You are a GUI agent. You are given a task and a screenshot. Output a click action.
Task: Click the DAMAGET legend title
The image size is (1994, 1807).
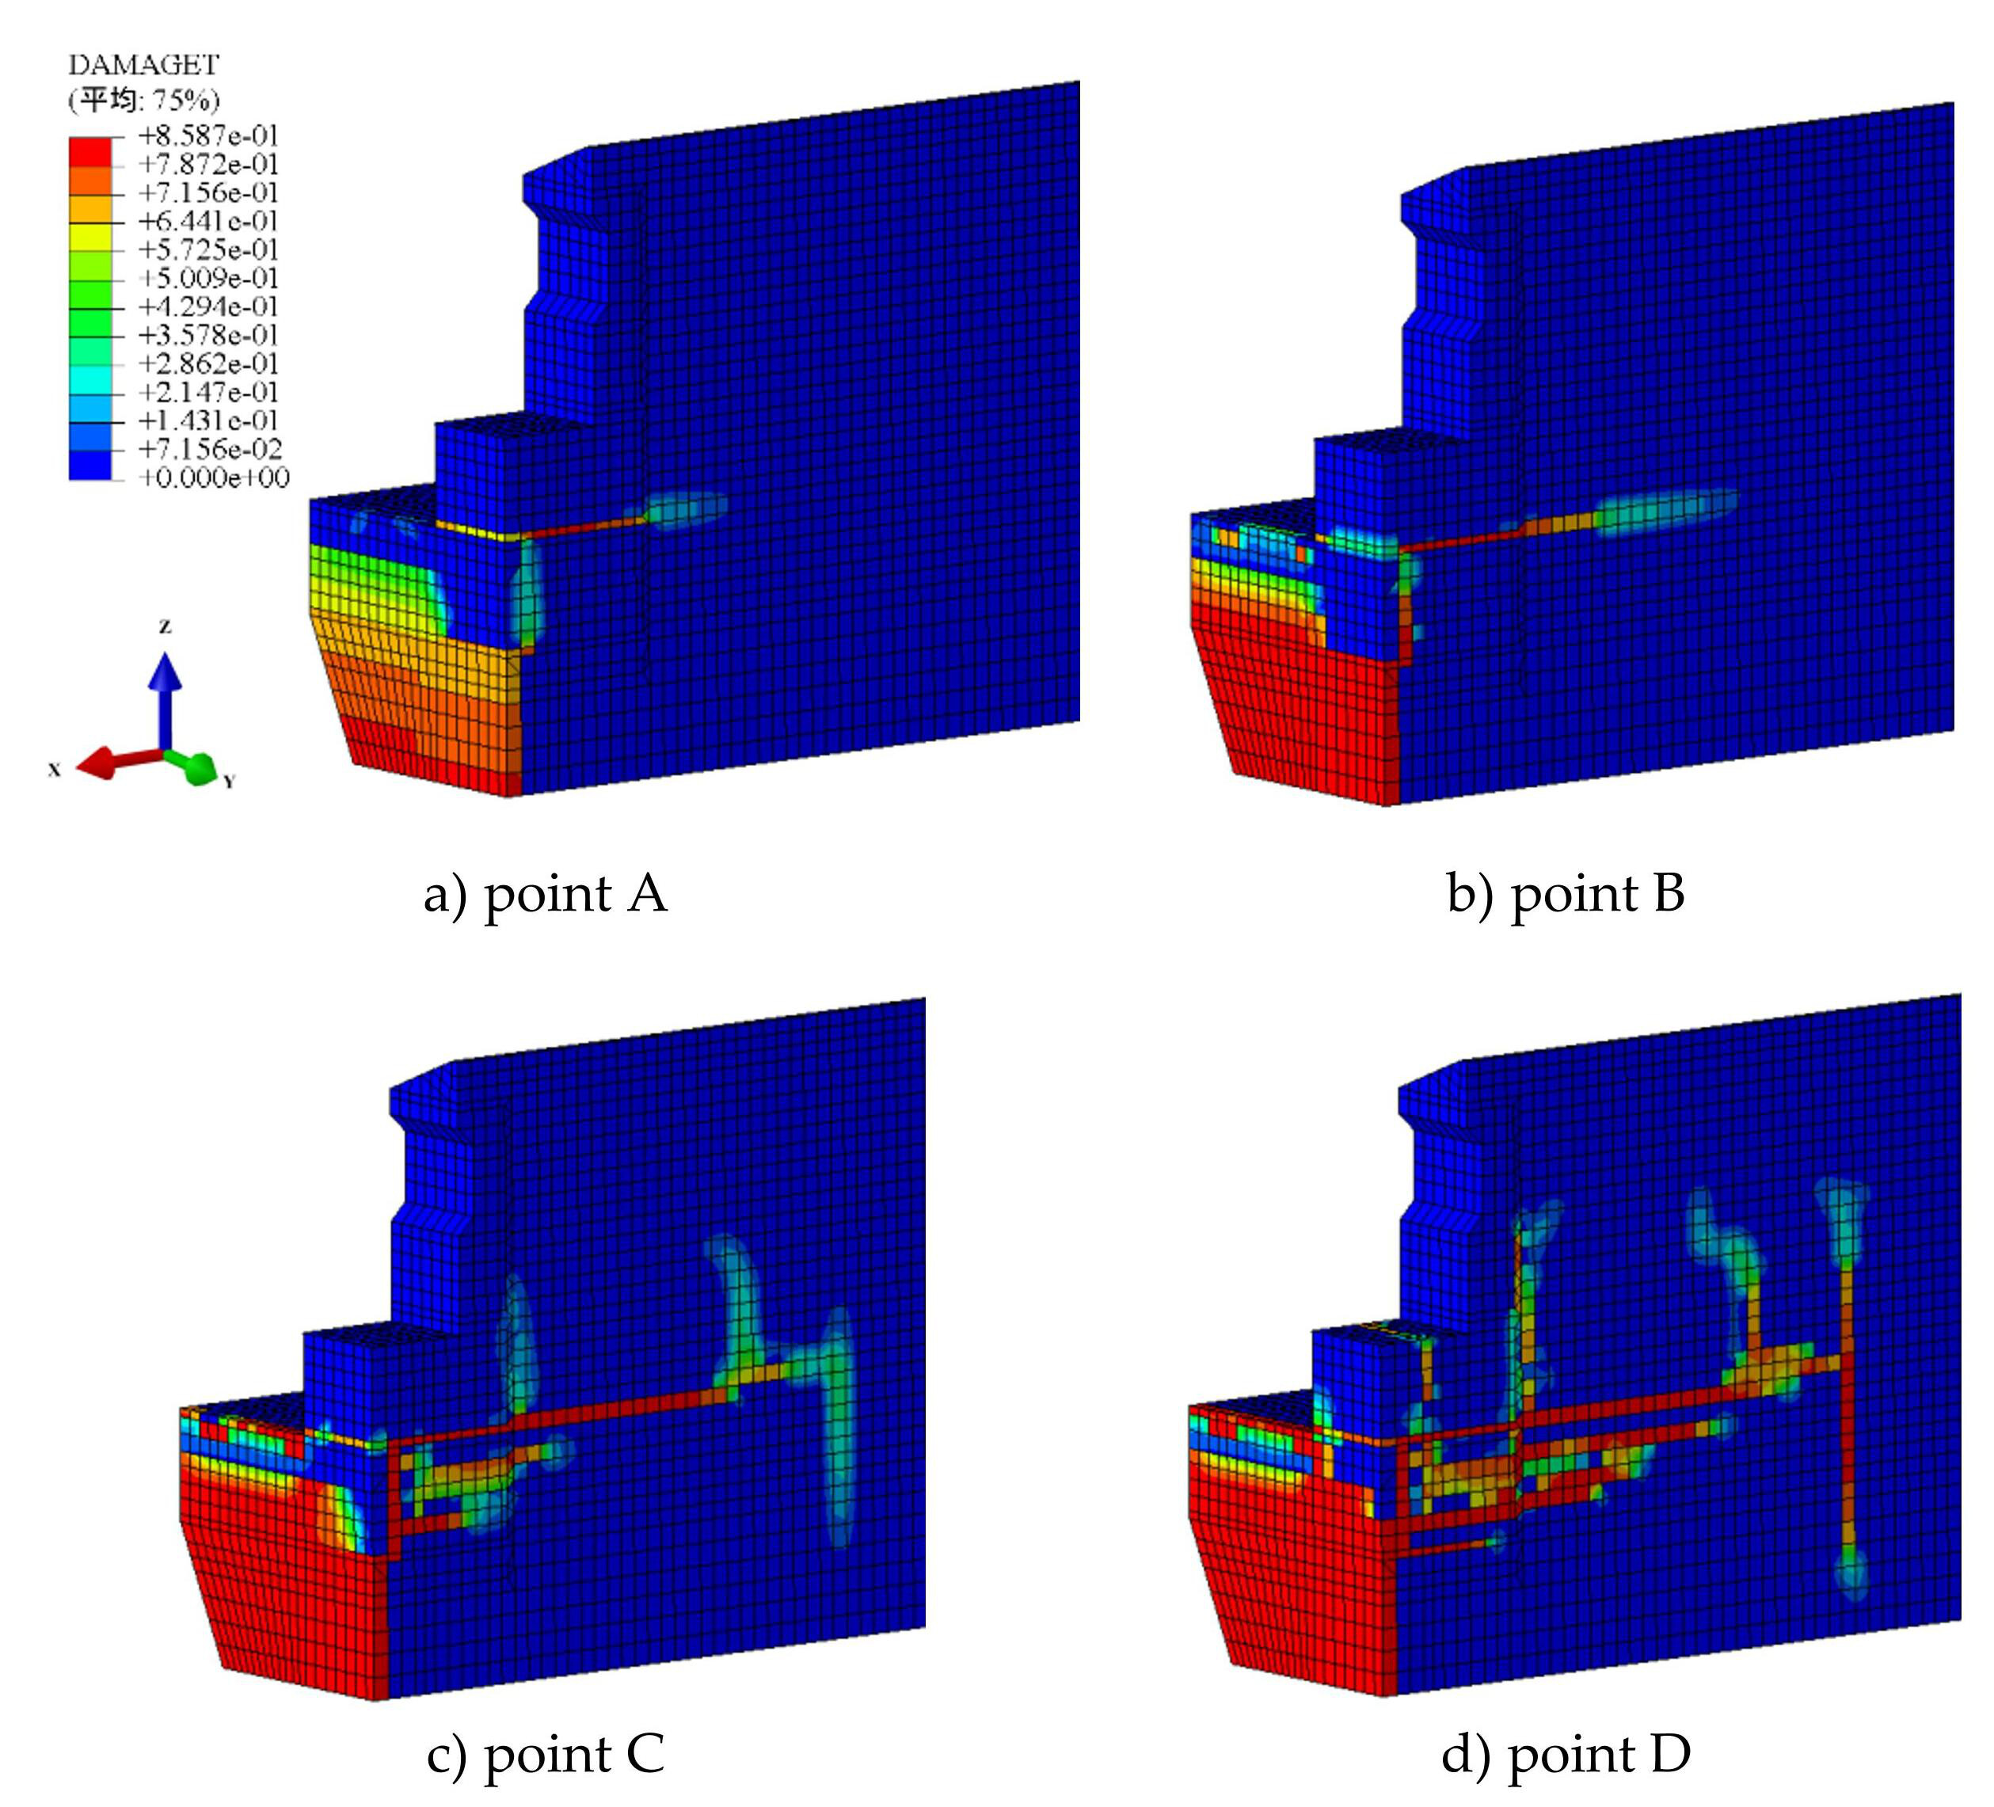click(143, 65)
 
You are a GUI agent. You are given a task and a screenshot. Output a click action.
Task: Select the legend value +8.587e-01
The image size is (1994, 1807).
click(207, 135)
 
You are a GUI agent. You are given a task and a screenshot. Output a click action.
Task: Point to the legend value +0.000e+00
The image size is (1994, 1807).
click(214, 479)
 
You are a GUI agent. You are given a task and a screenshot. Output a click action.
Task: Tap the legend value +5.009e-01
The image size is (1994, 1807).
click(207, 278)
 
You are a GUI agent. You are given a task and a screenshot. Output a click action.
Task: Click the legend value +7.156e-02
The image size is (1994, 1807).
click(210, 450)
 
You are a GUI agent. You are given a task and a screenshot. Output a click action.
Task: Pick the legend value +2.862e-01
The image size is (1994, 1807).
click(207, 364)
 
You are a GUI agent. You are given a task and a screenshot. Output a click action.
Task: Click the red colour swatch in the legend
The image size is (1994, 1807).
click(90, 150)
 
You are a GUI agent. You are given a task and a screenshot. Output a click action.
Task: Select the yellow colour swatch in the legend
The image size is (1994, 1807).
click(90, 237)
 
